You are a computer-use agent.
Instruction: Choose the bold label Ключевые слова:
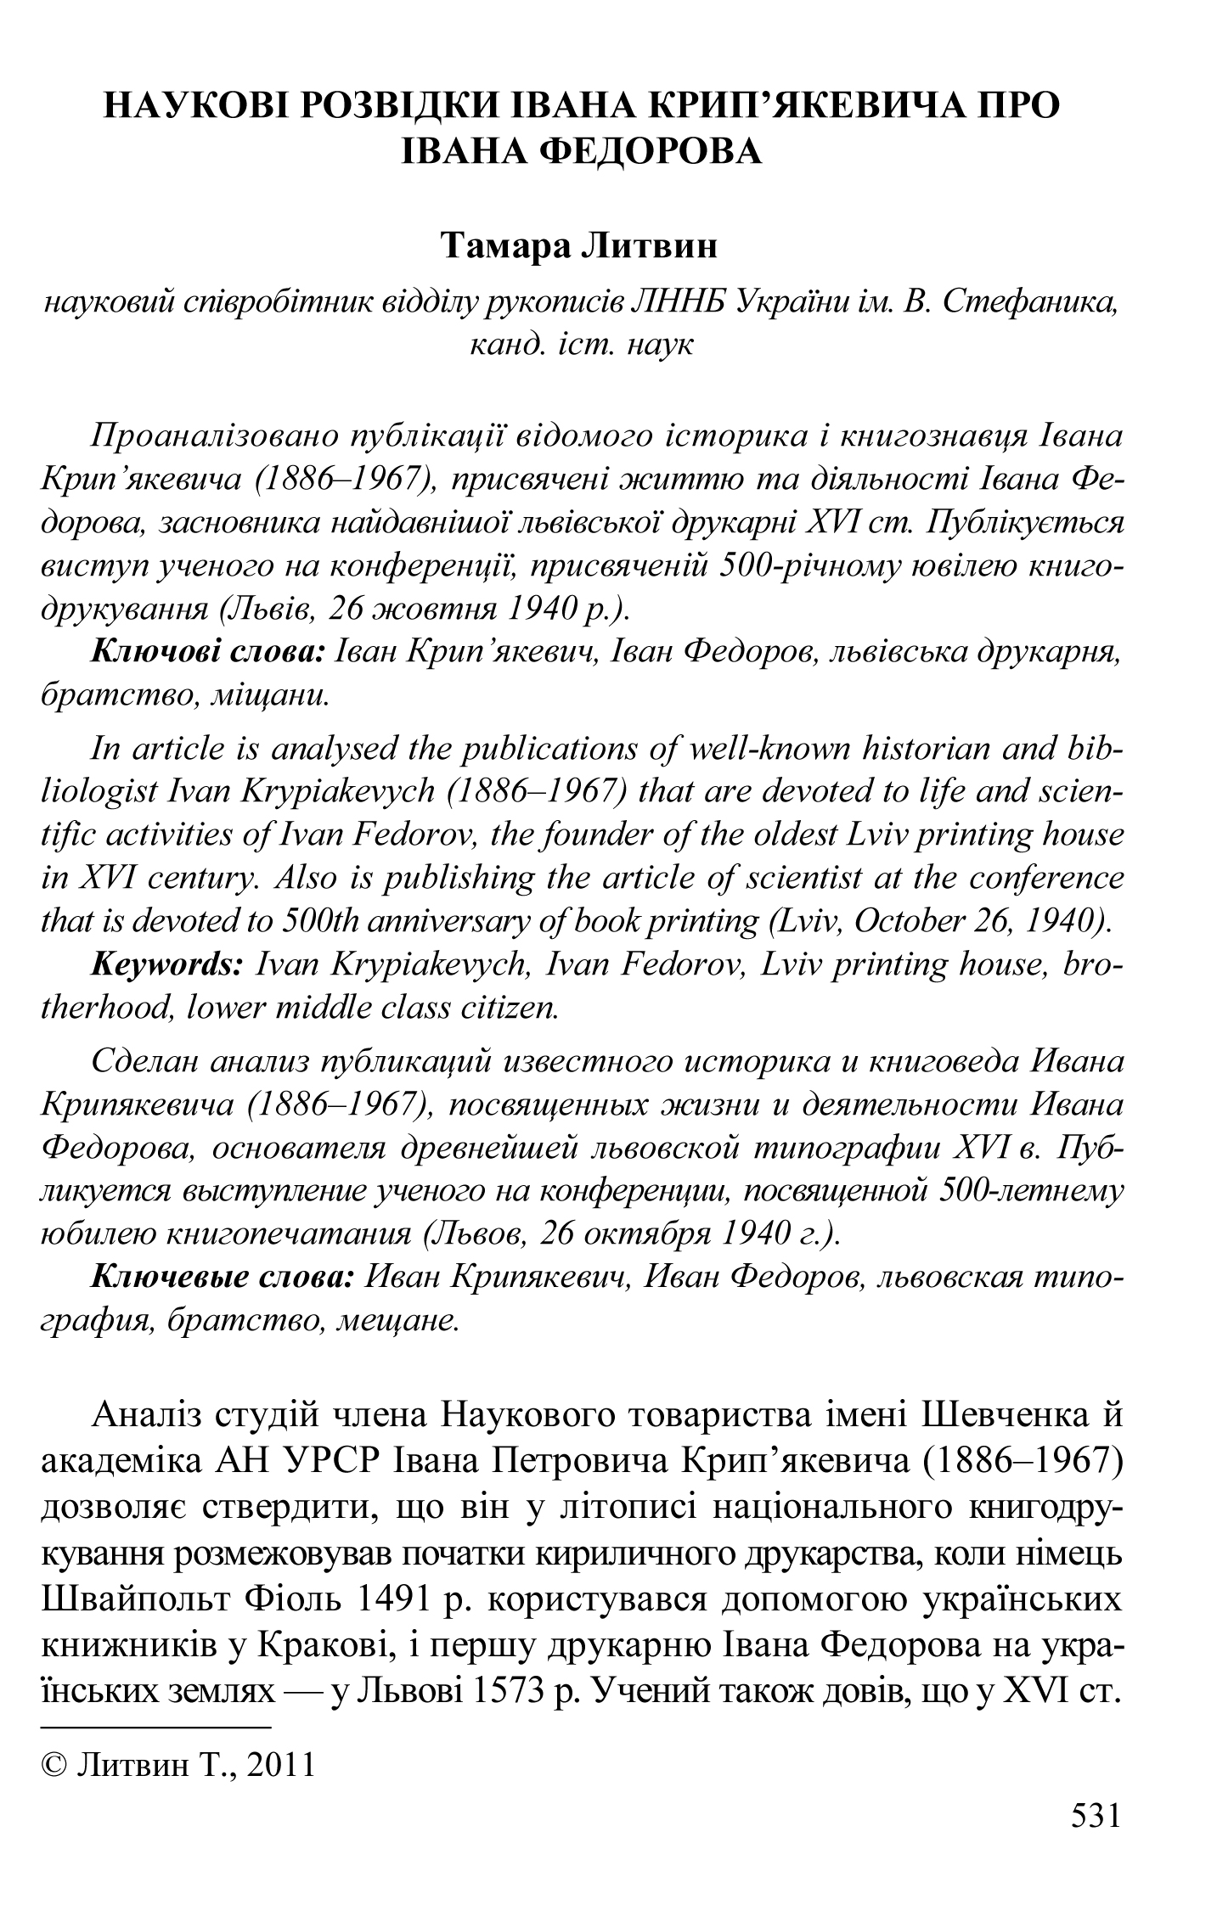pos(222,1278)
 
